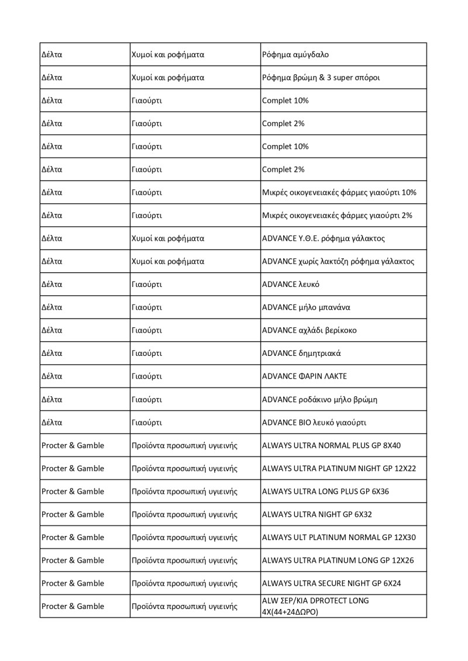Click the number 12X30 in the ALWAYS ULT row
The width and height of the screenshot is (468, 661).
(x=404, y=538)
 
